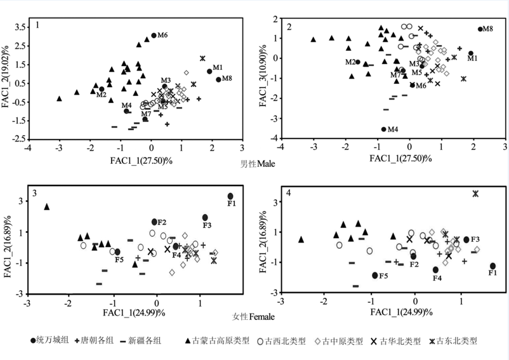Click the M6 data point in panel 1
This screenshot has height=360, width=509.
154,36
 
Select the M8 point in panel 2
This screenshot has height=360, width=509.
480,29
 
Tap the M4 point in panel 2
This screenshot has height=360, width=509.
383,130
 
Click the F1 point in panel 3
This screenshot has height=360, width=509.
230,196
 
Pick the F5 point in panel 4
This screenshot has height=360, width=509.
375,275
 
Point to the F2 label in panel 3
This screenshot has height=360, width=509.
161,222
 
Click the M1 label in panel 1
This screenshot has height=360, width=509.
217,67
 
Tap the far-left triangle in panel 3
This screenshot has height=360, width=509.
46,206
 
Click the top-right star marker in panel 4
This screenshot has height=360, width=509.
475,193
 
